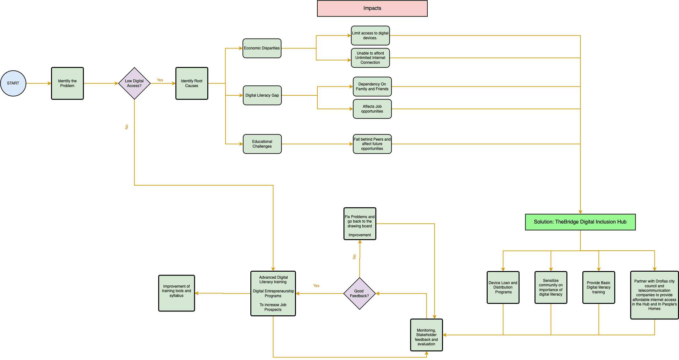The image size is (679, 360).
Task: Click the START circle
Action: click(x=13, y=83)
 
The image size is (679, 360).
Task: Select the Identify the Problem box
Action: click(x=67, y=83)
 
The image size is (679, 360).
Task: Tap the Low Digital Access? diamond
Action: click(x=134, y=83)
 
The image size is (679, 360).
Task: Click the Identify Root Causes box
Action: click(x=192, y=83)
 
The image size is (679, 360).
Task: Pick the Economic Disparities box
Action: click(x=262, y=48)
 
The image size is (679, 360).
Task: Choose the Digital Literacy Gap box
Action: click(x=262, y=95)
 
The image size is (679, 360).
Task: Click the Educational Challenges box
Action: click(x=262, y=144)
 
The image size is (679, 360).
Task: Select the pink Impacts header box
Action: click(x=372, y=8)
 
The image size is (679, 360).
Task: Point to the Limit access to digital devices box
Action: click(x=370, y=35)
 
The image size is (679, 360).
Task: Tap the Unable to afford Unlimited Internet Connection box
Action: click(x=370, y=58)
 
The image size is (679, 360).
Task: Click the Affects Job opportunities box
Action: click(x=372, y=109)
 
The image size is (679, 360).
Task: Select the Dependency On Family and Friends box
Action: click(x=372, y=86)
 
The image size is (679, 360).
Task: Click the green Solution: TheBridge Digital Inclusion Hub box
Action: click(x=580, y=222)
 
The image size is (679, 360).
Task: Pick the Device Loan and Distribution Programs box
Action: click(x=503, y=287)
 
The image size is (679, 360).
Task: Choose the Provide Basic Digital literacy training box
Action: click(x=599, y=287)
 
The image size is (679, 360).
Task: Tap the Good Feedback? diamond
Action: click(x=359, y=293)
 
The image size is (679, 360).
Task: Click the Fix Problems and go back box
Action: click(x=360, y=224)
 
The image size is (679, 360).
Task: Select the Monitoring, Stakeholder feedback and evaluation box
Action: click(x=426, y=335)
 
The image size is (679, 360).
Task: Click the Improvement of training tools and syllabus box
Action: click(x=176, y=293)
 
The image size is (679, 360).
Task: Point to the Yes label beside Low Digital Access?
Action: click(x=160, y=80)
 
